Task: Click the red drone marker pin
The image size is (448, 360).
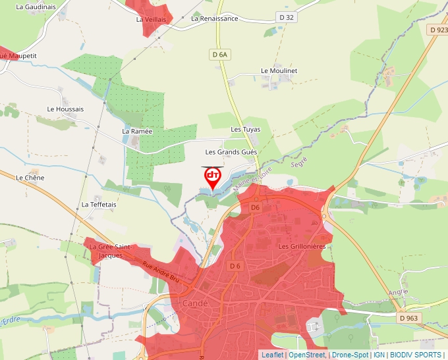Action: click(212, 178)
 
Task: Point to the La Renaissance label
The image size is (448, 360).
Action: click(214, 19)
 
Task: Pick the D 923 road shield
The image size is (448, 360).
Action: click(438, 30)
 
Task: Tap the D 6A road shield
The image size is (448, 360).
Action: click(220, 55)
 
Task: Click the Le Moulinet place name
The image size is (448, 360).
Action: click(279, 70)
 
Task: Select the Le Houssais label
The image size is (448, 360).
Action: click(65, 109)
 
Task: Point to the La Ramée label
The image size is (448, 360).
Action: click(137, 131)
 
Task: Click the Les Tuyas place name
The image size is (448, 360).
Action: click(245, 130)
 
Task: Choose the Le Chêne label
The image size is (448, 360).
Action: click(29, 178)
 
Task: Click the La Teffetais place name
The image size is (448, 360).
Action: click(99, 205)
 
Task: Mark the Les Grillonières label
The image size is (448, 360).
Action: click(302, 246)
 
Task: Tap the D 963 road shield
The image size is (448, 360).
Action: click(408, 319)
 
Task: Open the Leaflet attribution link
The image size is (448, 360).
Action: click(273, 355)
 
